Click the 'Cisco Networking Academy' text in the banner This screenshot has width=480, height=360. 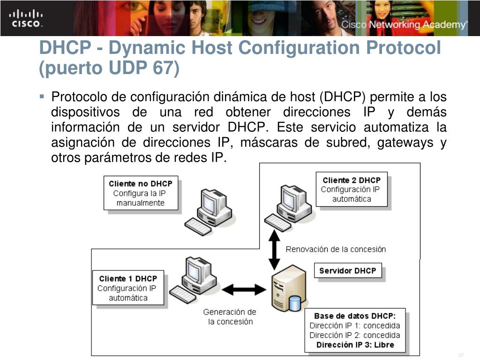pyautogui.click(x=404, y=25)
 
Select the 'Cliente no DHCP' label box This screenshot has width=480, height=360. pyautogui.click(x=141, y=193)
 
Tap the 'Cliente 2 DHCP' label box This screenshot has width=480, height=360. pyautogui.click(x=352, y=189)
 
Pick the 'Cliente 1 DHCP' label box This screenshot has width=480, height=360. pyautogui.click(x=128, y=288)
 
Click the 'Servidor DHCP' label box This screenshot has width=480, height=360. pyautogui.click(x=347, y=270)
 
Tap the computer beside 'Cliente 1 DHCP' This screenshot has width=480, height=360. pyautogui.click(x=195, y=280)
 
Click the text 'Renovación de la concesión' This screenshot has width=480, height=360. pyautogui.click(x=336, y=249)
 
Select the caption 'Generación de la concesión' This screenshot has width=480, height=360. pyautogui.click(x=230, y=317)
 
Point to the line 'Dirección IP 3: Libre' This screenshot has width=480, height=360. pyautogui.click(x=355, y=345)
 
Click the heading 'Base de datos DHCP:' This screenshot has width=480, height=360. pyautogui.click(x=355, y=316)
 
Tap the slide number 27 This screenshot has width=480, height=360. pyautogui.click(x=461, y=354)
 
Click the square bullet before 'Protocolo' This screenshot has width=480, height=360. pyautogui.click(x=42, y=97)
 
